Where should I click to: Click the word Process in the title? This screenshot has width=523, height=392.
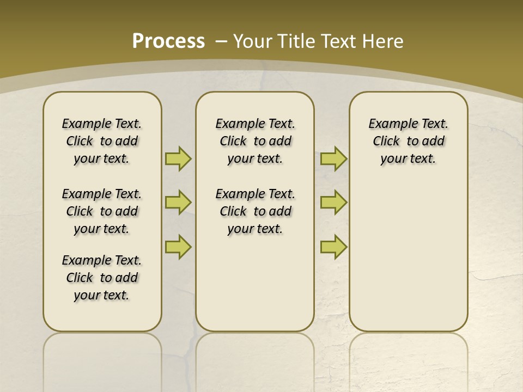click(x=168, y=41)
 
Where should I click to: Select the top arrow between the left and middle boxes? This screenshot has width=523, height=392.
click(x=178, y=158)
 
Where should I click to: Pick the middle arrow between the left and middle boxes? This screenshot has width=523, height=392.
click(x=178, y=203)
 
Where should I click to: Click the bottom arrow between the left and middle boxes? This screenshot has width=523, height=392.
click(x=178, y=247)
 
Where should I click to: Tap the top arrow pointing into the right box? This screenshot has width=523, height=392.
click(x=333, y=158)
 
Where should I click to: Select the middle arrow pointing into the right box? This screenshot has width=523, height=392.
click(x=333, y=203)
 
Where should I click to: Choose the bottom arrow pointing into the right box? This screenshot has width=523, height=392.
click(x=333, y=247)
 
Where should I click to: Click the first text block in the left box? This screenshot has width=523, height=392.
click(x=102, y=141)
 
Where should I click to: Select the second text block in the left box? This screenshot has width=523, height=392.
click(x=102, y=211)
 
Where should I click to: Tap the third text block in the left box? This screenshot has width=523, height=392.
click(x=102, y=278)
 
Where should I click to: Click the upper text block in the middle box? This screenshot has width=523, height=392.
click(x=255, y=141)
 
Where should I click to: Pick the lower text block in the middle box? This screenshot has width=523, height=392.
click(x=255, y=211)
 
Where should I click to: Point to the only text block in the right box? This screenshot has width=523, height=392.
click(x=408, y=141)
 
